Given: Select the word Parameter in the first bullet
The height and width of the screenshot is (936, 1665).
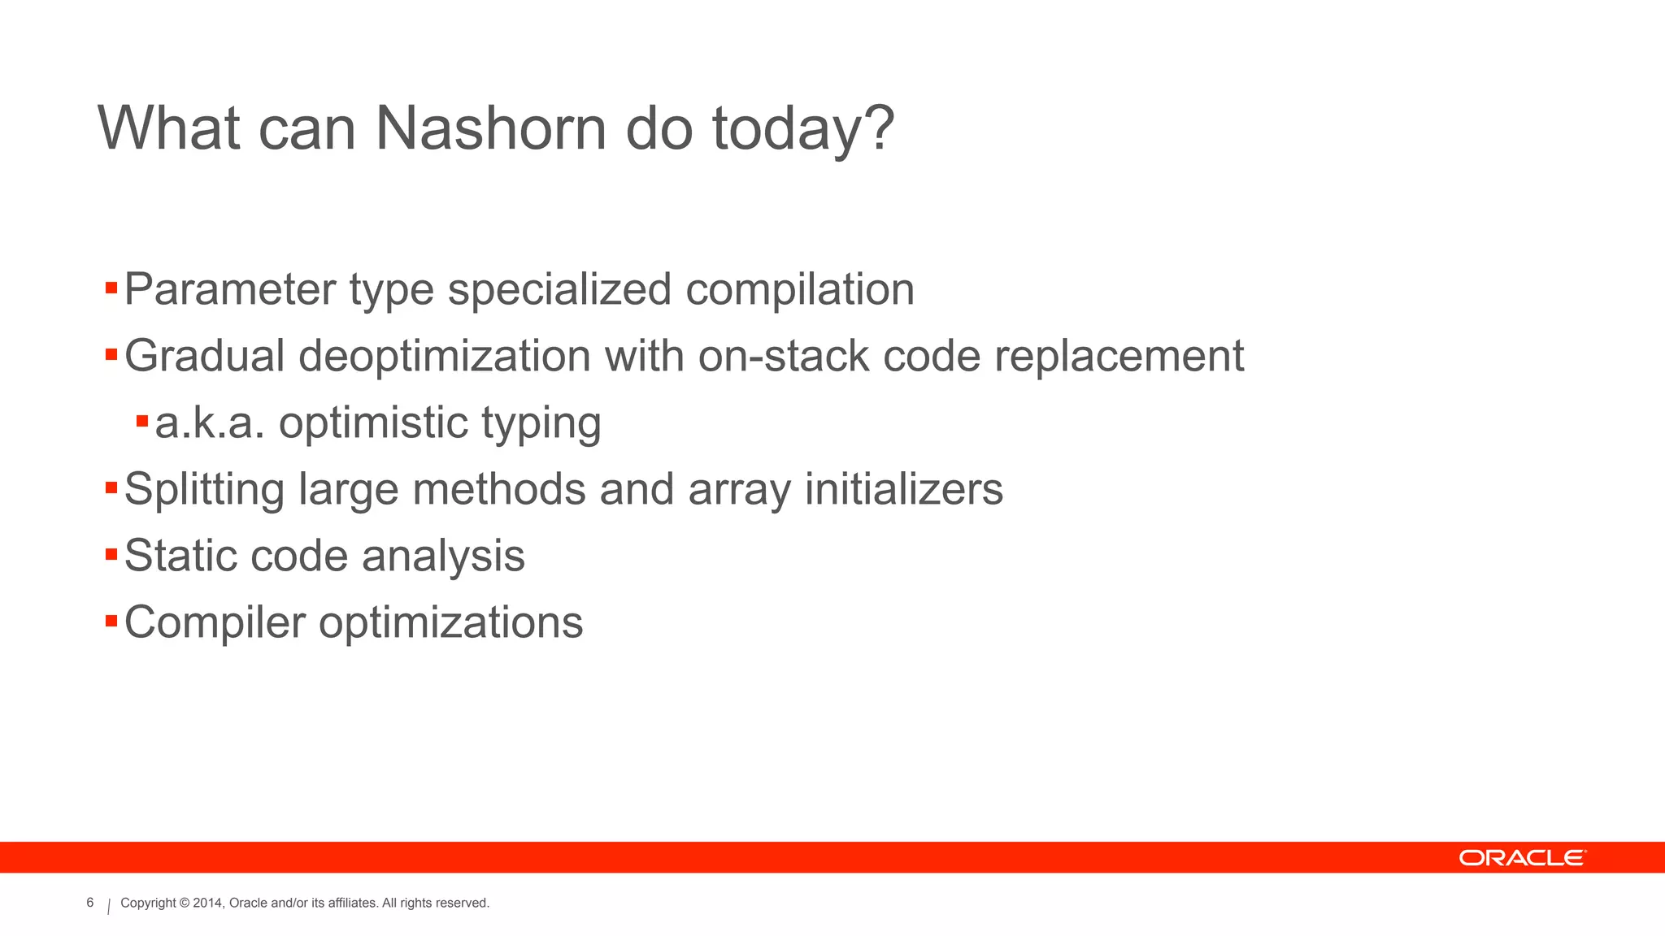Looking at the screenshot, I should (230, 289).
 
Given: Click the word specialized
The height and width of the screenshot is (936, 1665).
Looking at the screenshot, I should (559, 289).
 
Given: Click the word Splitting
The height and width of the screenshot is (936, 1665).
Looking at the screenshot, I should (204, 489).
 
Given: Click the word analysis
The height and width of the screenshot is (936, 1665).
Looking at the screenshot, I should (443, 557).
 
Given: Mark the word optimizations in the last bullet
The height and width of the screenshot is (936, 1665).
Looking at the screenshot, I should (450, 624).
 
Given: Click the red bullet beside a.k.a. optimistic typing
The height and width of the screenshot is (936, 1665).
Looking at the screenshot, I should (142, 421).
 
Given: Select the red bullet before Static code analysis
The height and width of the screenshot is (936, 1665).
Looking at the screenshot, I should (111, 554).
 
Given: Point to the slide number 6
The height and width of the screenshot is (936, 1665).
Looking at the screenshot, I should (90, 903).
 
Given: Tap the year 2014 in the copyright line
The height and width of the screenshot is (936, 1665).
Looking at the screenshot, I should (207, 903).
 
